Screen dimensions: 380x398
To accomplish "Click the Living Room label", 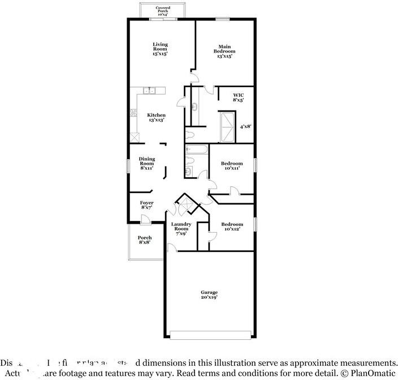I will pyautogui.click(x=160, y=50).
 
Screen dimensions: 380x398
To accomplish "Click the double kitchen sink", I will pyautogui.click(x=149, y=90).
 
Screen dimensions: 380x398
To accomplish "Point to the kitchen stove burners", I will pyautogui.click(x=134, y=113).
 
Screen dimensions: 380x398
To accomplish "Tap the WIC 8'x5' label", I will pyautogui.click(x=238, y=98).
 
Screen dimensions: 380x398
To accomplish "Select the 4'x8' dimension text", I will pyautogui.click(x=245, y=127).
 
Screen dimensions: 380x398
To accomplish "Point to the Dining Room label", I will pyautogui.click(x=146, y=164).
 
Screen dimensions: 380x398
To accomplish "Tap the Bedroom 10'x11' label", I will pyautogui.click(x=232, y=166).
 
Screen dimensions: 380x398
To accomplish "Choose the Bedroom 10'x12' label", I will pyautogui.click(x=232, y=227).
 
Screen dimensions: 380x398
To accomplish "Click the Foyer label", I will pyautogui.click(x=146, y=205).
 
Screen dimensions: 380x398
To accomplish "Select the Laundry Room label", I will pyautogui.click(x=181, y=229).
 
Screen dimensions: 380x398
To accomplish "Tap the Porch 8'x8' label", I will pyautogui.click(x=145, y=240).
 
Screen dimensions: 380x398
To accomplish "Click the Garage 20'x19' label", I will pyautogui.click(x=209, y=295).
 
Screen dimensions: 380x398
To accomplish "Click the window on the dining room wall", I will pyautogui.click(x=128, y=164).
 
